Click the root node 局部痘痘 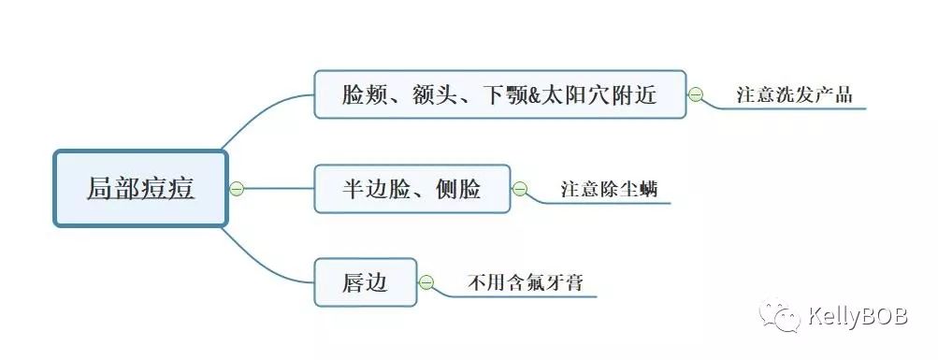[x=140, y=188]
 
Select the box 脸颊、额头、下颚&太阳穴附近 [x=499, y=94]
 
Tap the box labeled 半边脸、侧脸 [x=412, y=189]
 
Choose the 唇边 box [x=365, y=281]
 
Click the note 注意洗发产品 [x=794, y=94]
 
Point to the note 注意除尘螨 [x=609, y=189]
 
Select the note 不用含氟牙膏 [x=526, y=281]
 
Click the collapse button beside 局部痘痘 [x=237, y=189]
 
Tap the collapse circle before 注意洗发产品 [x=696, y=94]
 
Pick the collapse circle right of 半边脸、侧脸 [x=520, y=189]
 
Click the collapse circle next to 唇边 [x=426, y=281]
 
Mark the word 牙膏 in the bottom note [x=564, y=281]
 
